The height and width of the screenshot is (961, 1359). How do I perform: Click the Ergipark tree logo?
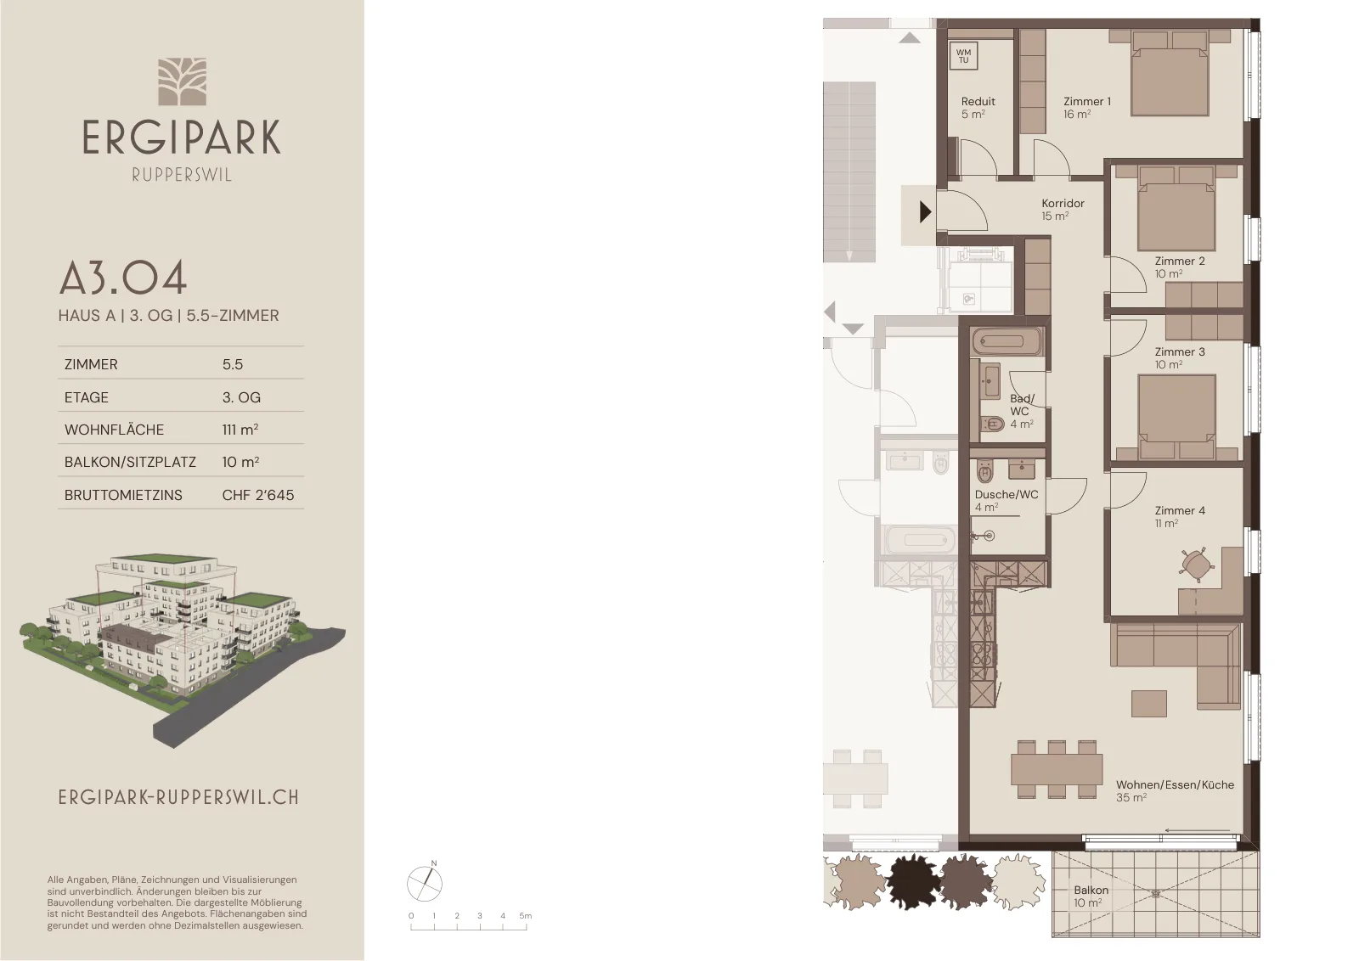(x=182, y=81)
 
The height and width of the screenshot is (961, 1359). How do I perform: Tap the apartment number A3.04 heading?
(x=122, y=279)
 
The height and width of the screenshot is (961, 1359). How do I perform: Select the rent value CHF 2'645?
(x=258, y=495)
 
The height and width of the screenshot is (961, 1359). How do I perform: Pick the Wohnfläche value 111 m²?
(x=240, y=430)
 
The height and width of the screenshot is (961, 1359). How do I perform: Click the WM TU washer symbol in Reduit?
(x=963, y=56)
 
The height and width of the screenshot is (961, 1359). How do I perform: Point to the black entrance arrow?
(x=925, y=212)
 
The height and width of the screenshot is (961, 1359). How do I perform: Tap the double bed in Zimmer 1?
(x=1170, y=73)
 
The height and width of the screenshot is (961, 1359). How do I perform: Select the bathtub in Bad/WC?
(x=1007, y=342)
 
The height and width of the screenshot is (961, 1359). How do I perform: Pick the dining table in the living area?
(x=1057, y=769)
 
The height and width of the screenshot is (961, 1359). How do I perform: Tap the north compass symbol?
(x=425, y=883)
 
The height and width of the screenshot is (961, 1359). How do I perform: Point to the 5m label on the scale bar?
(x=526, y=915)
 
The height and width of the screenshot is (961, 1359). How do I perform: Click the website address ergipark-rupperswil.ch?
(x=179, y=797)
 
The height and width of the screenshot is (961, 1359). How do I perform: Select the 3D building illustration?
(x=182, y=648)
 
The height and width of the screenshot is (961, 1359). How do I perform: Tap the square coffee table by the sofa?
(x=1149, y=704)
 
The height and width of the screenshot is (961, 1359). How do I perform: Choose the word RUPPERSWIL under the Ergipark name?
(x=182, y=175)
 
